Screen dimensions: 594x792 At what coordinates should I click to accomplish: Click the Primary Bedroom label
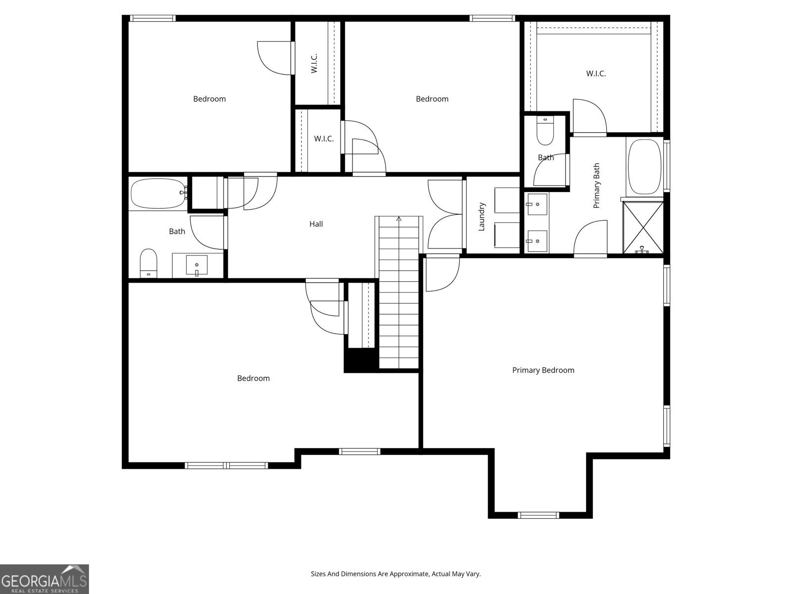tap(543, 370)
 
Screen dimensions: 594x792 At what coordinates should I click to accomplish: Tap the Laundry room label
tap(482, 216)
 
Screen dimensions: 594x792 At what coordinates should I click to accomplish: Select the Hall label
tap(316, 224)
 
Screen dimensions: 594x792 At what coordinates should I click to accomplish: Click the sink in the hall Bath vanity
tap(197, 265)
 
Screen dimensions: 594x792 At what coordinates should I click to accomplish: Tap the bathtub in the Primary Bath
tap(644, 167)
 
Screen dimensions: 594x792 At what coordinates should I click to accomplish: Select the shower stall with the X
tap(643, 227)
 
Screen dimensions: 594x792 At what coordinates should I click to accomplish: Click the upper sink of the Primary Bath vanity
tap(537, 203)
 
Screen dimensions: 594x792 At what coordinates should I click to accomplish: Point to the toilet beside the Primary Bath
tap(545, 131)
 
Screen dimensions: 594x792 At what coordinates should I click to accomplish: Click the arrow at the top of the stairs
tap(399, 218)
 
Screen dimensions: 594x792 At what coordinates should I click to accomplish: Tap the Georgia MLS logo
tap(44, 579)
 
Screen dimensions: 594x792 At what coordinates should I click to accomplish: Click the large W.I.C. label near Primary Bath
tap(596, 74)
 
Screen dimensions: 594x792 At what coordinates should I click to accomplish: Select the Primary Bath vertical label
tap(596, 186)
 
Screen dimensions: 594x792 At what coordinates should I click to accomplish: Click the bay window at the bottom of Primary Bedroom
tap(539, 515)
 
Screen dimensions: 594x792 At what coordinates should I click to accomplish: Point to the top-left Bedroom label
tap(209, 99)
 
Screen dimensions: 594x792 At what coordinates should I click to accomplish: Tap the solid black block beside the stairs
tap(361, 360)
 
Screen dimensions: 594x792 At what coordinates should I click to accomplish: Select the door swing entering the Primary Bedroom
tap(442, 273)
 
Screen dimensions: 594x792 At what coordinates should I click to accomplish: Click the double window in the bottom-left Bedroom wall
tap(226, 465)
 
